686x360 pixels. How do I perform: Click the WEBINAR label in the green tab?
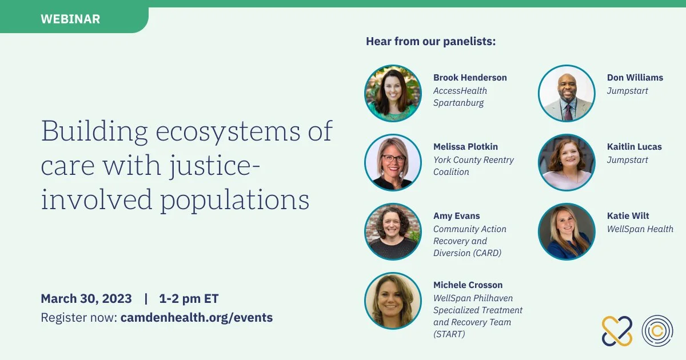point(70,19)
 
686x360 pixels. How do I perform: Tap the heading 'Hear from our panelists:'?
point(430,41)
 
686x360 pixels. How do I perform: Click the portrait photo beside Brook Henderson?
point(393,93)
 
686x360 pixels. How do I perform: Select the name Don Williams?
point(635,78)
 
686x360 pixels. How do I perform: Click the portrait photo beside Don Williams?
point(567,93)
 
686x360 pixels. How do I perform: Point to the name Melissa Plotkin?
point(465,147)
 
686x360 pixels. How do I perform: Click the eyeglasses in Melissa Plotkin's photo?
point(393,159)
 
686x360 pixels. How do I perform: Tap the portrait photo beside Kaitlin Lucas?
point(567,162)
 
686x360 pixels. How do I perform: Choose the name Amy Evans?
point(456,216)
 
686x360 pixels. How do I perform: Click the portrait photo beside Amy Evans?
point(393,232)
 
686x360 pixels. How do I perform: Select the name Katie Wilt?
point(628,216)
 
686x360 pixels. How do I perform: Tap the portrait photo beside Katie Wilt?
point(567,232)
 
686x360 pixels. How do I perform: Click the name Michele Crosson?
point(468,285)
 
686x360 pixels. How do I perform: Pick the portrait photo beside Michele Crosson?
point(393,301)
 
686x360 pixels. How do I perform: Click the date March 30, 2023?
point(86,298)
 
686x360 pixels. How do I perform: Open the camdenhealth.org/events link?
point(197,318)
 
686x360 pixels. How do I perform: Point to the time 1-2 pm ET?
point(189,299)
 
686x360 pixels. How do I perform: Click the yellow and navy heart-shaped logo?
point(617,331)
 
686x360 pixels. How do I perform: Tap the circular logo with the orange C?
point(657,331)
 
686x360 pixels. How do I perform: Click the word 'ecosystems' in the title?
point(228,131)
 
